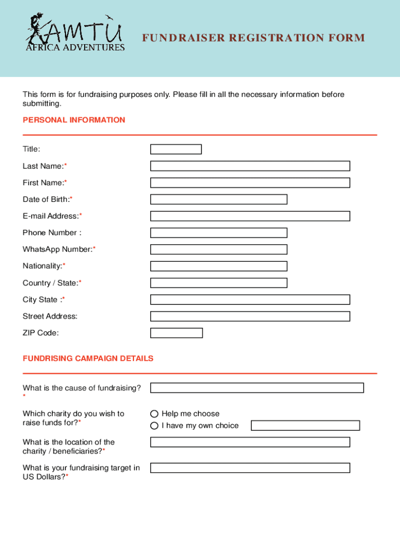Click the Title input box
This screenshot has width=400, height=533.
[176, 149]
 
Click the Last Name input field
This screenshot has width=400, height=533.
[250, 166]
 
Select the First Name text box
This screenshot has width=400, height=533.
[250, 183]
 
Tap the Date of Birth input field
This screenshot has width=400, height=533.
[219, 199]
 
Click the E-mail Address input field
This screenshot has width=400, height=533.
[250, 216]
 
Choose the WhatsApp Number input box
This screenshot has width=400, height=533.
[219, 249]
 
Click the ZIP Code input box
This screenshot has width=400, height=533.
[176, 333]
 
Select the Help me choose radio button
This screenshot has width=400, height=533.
[154, 414]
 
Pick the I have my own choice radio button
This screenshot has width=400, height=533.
[154, 426]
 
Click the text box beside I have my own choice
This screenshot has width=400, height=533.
[305, 426]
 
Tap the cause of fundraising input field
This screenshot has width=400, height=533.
[257, 388]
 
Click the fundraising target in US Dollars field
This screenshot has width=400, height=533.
[250, 468]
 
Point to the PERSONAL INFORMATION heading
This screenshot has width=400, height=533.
[74, 120]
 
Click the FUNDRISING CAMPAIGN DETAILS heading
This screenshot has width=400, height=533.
[88, 359]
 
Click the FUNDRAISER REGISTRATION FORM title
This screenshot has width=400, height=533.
[254, 38]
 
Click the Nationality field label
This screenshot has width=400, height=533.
[44, 266]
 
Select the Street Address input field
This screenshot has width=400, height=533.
[250, 316]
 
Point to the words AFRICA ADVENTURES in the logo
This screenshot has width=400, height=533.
[75, 48]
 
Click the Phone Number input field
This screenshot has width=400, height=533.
[219, 233]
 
